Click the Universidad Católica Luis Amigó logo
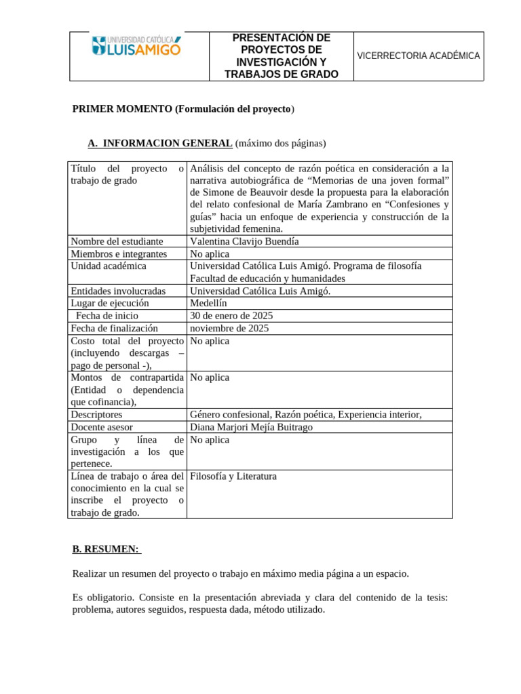[x=136, y=46]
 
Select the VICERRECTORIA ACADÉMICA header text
[x=419, y=56]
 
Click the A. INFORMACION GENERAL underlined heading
[x=160, y=143]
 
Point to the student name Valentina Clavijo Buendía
[x=244, y=241]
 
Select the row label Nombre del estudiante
[x=117, y=241]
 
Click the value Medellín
[x=208, y=303]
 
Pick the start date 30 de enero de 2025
[x=231, y=316]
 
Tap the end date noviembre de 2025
[x=229, y=328]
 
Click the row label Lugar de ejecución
[x=109, y=303]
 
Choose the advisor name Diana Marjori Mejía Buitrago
[x=251, y=427]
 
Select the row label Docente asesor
[x=102, y=427]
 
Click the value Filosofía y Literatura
[x=233, y=476]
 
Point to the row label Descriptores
[x=96, y=415]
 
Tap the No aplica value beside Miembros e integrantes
[x=210, y=253]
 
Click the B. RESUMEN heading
[x=105, y=549]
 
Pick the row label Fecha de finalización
[x=114, y=328]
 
